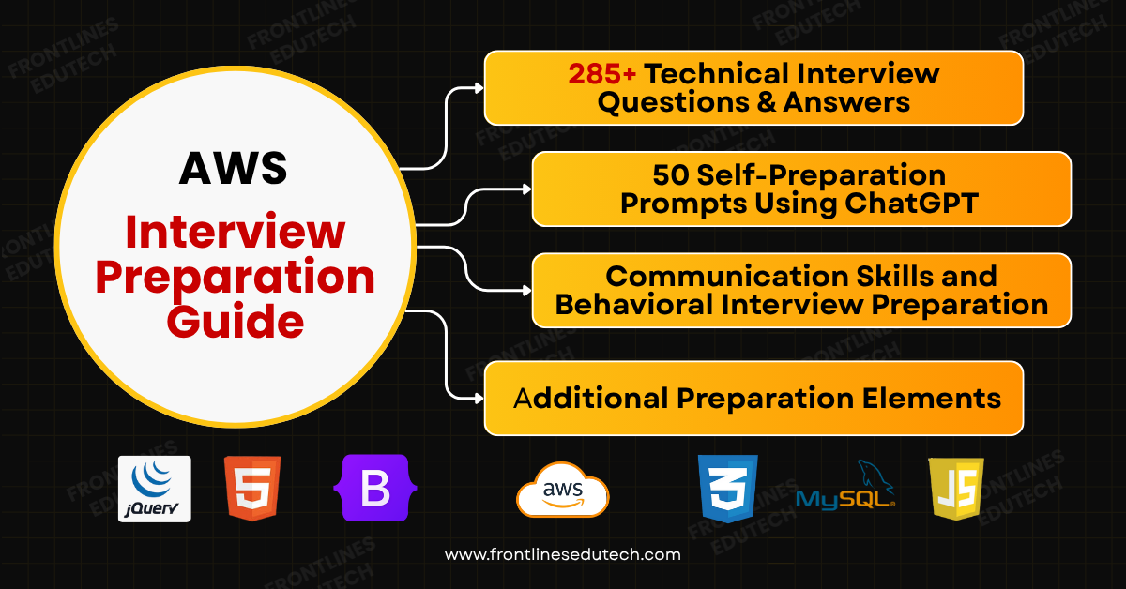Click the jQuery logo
click(155, 489)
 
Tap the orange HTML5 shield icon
click(252, 489)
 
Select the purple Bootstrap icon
click(374, 489)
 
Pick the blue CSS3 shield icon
click(727, 489)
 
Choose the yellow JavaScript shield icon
click(956, 489)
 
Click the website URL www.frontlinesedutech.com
click(562, 554)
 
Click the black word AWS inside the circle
click(234, 169)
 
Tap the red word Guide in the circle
click(236, 322)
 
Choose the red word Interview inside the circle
click(236, 230)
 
